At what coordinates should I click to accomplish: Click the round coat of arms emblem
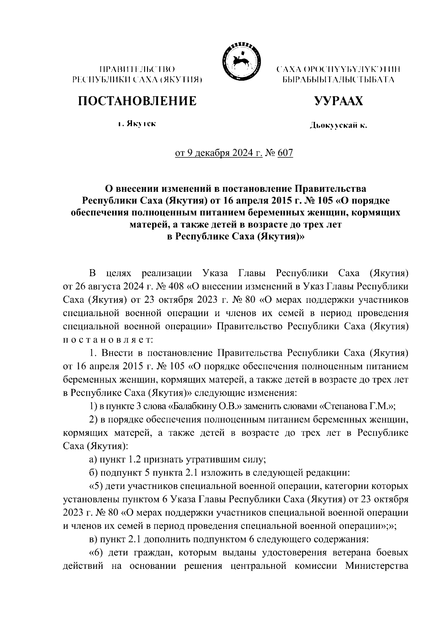239,60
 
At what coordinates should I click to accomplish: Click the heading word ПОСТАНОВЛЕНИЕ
137,100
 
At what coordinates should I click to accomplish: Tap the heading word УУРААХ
338,100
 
